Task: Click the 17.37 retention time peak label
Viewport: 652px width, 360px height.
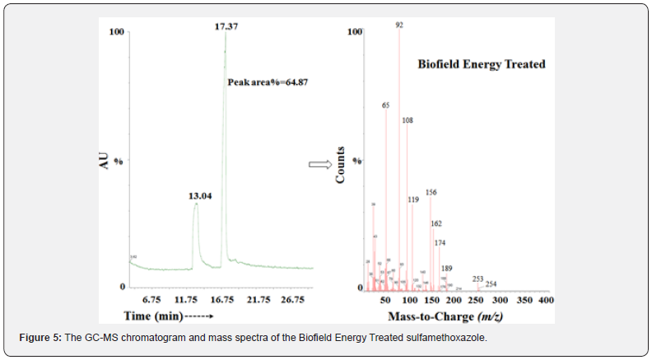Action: (x=226, y=26)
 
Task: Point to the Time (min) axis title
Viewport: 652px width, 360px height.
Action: (x=169, y=316)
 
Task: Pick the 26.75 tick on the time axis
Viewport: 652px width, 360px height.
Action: (x=294, y=299)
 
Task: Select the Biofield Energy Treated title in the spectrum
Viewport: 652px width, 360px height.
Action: (x=482, y=63)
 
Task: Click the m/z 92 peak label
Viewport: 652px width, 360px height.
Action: (x=399, y=26)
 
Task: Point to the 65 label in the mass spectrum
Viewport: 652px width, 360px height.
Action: (x=385, y=105)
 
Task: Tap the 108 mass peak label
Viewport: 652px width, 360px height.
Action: (x=407, y=120)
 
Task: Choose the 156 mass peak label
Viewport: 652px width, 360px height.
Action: (x=431, y=193)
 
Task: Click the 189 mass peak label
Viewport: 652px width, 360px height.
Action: (x=446, y=269)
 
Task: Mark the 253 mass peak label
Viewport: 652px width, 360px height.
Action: (x=477, y=278)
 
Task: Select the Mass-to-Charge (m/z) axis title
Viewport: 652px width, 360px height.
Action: (x=457, y=316)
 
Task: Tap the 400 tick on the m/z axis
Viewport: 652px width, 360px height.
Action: (x=545, y=301)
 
